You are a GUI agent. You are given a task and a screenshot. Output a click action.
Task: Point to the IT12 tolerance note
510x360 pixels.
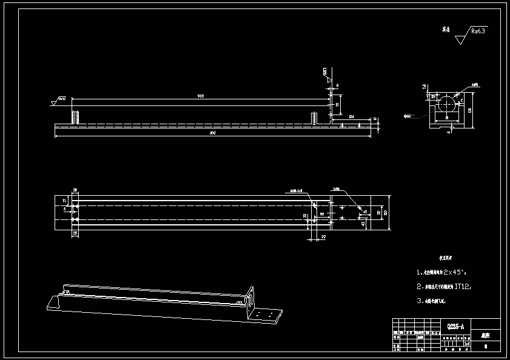click(462, 286)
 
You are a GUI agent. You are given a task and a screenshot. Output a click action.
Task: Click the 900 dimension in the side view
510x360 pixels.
click(200, 96)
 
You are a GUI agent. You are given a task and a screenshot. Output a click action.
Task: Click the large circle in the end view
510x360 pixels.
click(447, 104)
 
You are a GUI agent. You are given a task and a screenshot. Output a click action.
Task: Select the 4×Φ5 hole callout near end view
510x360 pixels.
click(475, 85)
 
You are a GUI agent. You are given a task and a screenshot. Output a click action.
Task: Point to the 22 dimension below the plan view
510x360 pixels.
click(323, 236)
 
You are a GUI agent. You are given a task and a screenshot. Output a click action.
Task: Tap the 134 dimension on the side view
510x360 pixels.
click(352, 115)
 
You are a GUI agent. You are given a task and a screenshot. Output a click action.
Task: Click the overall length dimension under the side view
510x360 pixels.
click(212, 133)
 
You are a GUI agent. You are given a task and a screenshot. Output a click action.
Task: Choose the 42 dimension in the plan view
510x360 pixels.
click(363, 224)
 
